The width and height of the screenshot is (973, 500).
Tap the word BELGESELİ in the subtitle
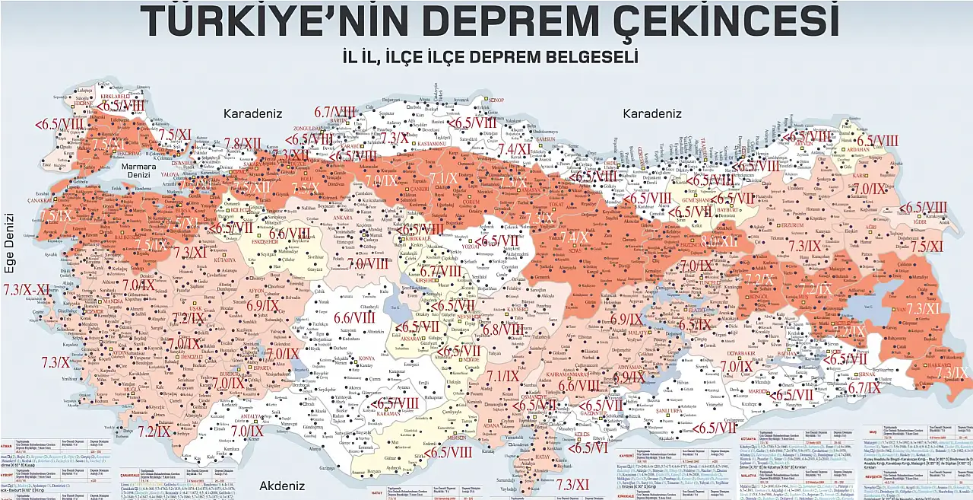[x=578, y=57]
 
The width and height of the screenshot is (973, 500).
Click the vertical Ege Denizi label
[x=9, y=244]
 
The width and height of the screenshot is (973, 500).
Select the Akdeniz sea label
[x=281, y=486]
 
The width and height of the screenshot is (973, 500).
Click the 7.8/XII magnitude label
[x=242, y=144]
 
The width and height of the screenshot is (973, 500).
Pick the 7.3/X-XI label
[x=27, y=290]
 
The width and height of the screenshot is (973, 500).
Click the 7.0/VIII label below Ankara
[x=368, y=263]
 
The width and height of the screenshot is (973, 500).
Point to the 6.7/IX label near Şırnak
[x=864, y=387]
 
